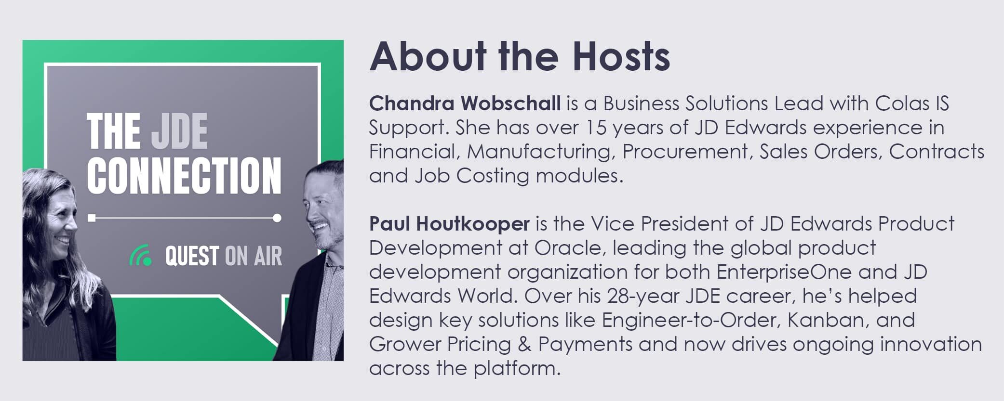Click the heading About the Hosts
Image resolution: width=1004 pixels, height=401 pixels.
click(x=520, y=56)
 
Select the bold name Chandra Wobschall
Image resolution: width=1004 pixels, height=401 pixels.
click(x=465, y=103)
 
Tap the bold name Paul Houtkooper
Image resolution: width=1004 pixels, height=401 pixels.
click(x=449, y=224)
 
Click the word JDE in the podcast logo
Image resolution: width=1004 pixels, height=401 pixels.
click(x=179, y=131)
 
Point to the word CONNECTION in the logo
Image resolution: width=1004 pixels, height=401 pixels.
click(x=184, y=175)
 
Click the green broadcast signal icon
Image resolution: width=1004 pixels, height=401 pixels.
click(x=140, y=256)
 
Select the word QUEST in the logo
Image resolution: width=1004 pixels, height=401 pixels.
click(x=192, y=256)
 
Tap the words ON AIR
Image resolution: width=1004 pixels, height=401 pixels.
click(x=253, y=256)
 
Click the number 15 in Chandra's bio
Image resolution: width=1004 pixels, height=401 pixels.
click(x=595, y=128)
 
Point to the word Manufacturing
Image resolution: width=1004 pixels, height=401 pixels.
click(x=541, y=152)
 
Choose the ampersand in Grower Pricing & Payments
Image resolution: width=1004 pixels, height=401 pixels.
click(x=524, y=344)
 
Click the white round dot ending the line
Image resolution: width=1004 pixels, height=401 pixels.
click(x=277, y=218)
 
